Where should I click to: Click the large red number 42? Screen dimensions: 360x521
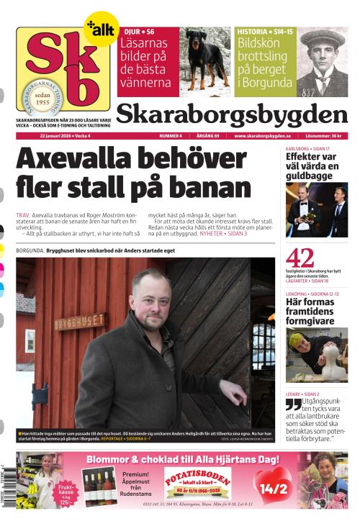300,258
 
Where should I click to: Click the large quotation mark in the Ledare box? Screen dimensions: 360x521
293,404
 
